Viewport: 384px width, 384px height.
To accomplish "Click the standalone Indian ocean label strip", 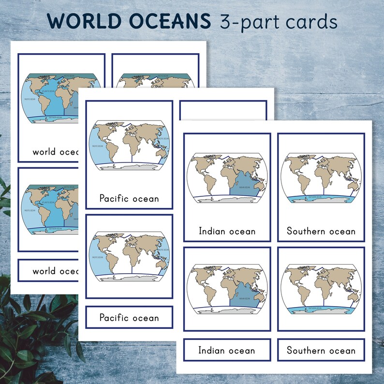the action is [x=227, y=351].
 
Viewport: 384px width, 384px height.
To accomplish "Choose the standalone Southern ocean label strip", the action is [x=321, y=351].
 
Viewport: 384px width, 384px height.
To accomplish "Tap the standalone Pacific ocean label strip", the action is [x=129, y=318].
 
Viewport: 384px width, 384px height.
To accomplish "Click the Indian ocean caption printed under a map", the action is [x=227, y=231].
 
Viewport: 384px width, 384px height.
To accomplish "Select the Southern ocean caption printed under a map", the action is [x=321, y=231].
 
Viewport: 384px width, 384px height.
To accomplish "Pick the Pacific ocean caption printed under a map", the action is [x=129, y=198].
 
